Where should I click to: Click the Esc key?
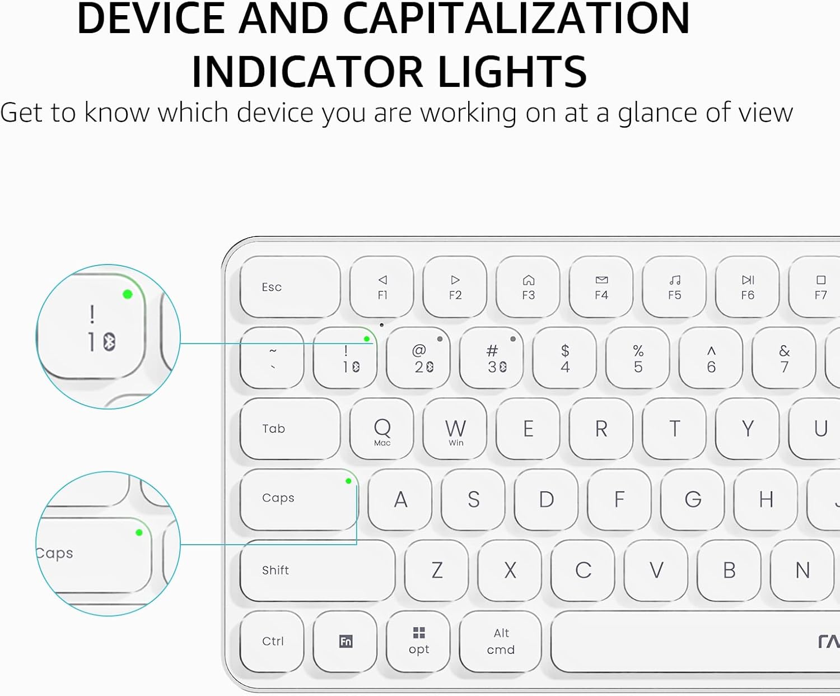290,287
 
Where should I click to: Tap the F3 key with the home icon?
528,287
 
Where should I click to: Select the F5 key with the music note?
674,287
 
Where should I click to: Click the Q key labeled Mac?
382,429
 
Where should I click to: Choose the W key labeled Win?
455,429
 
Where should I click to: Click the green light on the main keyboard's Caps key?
348,481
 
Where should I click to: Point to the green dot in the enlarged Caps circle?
139,532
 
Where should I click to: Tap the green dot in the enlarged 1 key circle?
128,294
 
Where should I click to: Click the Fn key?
346,641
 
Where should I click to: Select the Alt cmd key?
501,641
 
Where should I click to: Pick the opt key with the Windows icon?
418,641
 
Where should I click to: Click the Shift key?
317,570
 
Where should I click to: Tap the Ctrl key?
273,641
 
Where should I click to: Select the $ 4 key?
565,359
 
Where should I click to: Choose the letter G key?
693,499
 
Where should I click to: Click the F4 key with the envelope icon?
601,287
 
